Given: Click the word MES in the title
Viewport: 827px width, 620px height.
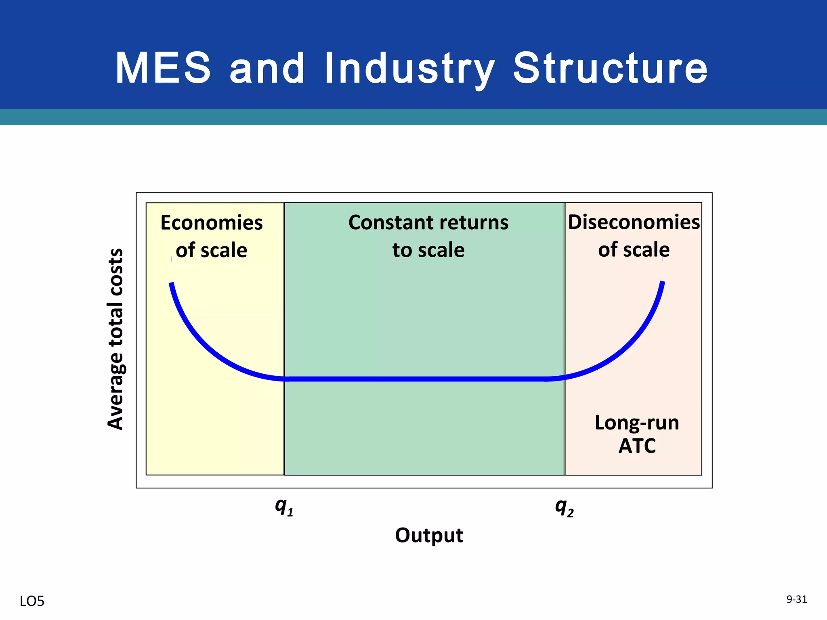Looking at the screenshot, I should (163, 68).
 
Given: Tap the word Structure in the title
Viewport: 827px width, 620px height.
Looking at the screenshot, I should (610, 68).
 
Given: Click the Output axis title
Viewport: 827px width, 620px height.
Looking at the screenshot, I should (429, 536).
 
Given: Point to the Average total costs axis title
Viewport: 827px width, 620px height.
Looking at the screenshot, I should (115, 339).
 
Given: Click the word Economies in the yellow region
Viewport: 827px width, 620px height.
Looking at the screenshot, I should (211, 223).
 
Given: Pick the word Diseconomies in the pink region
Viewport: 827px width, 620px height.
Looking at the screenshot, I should (634, 222).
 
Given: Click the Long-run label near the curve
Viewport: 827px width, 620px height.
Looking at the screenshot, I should (637, 423).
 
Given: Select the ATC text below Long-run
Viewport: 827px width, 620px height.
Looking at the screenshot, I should (637, 446).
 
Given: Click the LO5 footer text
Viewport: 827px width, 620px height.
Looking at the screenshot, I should (32, 601).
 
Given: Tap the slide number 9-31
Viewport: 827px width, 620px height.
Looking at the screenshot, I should (796, 599).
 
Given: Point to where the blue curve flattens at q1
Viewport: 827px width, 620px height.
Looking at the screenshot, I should (285, 379).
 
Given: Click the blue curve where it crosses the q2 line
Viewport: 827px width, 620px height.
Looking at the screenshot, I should (565, 377).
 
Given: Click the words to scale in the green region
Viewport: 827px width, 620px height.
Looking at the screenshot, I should (428, 250).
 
